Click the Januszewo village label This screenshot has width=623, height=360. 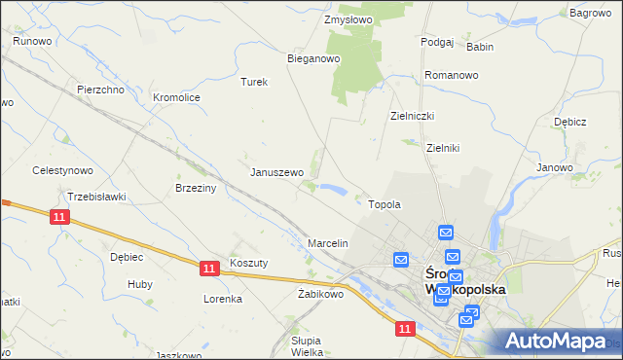pos(277,172)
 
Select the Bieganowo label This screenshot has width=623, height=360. pos(312,58)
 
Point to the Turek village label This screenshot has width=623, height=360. pos(254,82)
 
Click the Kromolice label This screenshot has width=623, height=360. pos(177,97)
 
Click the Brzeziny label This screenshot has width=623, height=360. pos(195,188)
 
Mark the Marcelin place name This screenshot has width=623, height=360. pos(328,242)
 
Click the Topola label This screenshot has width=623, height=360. pos(385,205)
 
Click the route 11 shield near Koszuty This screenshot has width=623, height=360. pos(209,266)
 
